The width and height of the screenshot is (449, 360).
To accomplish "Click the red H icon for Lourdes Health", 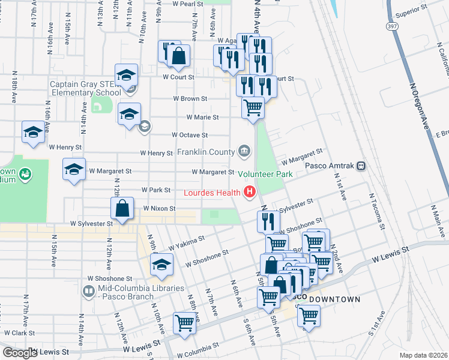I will [249, 193].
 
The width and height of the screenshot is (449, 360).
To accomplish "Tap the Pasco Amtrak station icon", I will [361, 166].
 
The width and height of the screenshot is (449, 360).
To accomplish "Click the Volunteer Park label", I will [265, 175].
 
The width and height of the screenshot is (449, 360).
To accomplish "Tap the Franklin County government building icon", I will [244, 151].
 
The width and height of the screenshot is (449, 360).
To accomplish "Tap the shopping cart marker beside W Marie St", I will [253, 108].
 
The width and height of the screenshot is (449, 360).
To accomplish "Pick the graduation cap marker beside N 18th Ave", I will [33, 133].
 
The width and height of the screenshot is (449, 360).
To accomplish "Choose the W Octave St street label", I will [189, 136].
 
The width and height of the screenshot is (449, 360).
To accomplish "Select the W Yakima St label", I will [186, 242].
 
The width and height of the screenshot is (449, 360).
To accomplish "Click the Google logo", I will [20, 353].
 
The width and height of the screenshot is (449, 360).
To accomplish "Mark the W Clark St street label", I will [20, 332].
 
